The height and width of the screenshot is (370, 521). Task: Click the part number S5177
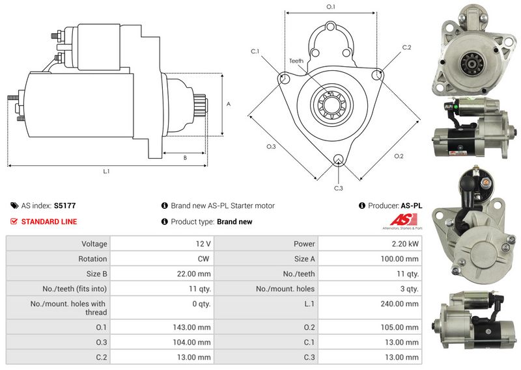(64, 205)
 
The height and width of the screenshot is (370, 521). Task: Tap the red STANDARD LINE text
(49, 222)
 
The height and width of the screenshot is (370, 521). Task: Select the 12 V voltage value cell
(203, 244)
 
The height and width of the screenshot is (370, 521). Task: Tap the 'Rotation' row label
(94, 259)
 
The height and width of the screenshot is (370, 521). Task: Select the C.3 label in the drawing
(338, 189)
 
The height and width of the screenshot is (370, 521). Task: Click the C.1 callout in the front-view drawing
(255, 51)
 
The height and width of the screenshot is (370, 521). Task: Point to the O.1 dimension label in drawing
(330, 7)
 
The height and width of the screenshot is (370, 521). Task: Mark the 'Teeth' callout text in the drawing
(296, 61)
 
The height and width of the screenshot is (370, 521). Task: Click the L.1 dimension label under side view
(106, 172)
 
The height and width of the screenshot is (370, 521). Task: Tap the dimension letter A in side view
(228, 104)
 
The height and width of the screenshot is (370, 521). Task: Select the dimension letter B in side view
(185, 157)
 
